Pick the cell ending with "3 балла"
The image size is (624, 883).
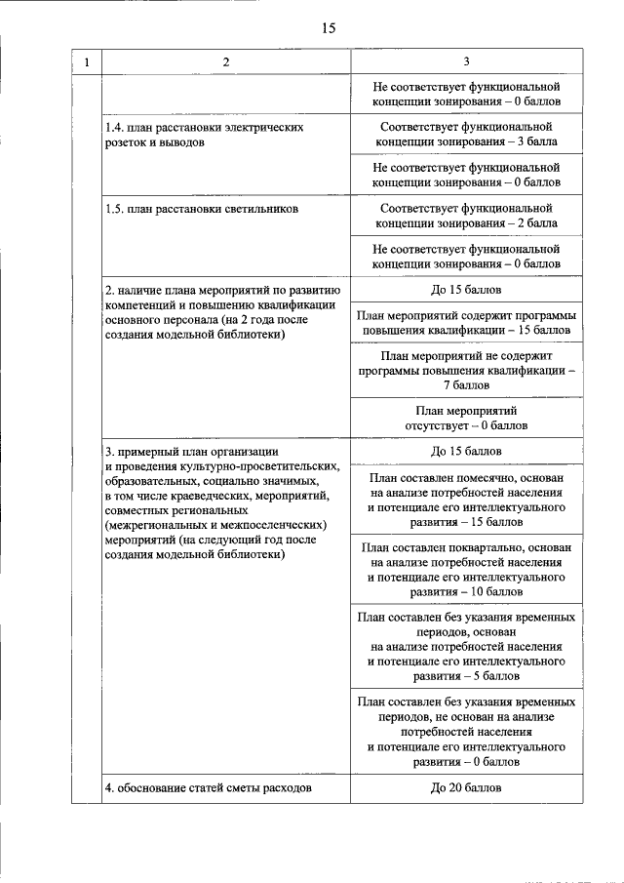point(466,135)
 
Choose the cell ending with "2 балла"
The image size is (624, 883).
point(466,216)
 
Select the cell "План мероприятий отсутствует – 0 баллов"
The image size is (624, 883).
point(466,419)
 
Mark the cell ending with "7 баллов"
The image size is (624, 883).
point(466,371)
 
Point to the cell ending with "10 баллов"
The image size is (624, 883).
point(466,570)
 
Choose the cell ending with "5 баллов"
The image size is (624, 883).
point(466,646)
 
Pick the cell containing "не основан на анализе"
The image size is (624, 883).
point(466,731)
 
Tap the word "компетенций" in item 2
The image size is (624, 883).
point(142,304)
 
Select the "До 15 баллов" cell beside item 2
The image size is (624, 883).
point(466,290)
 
